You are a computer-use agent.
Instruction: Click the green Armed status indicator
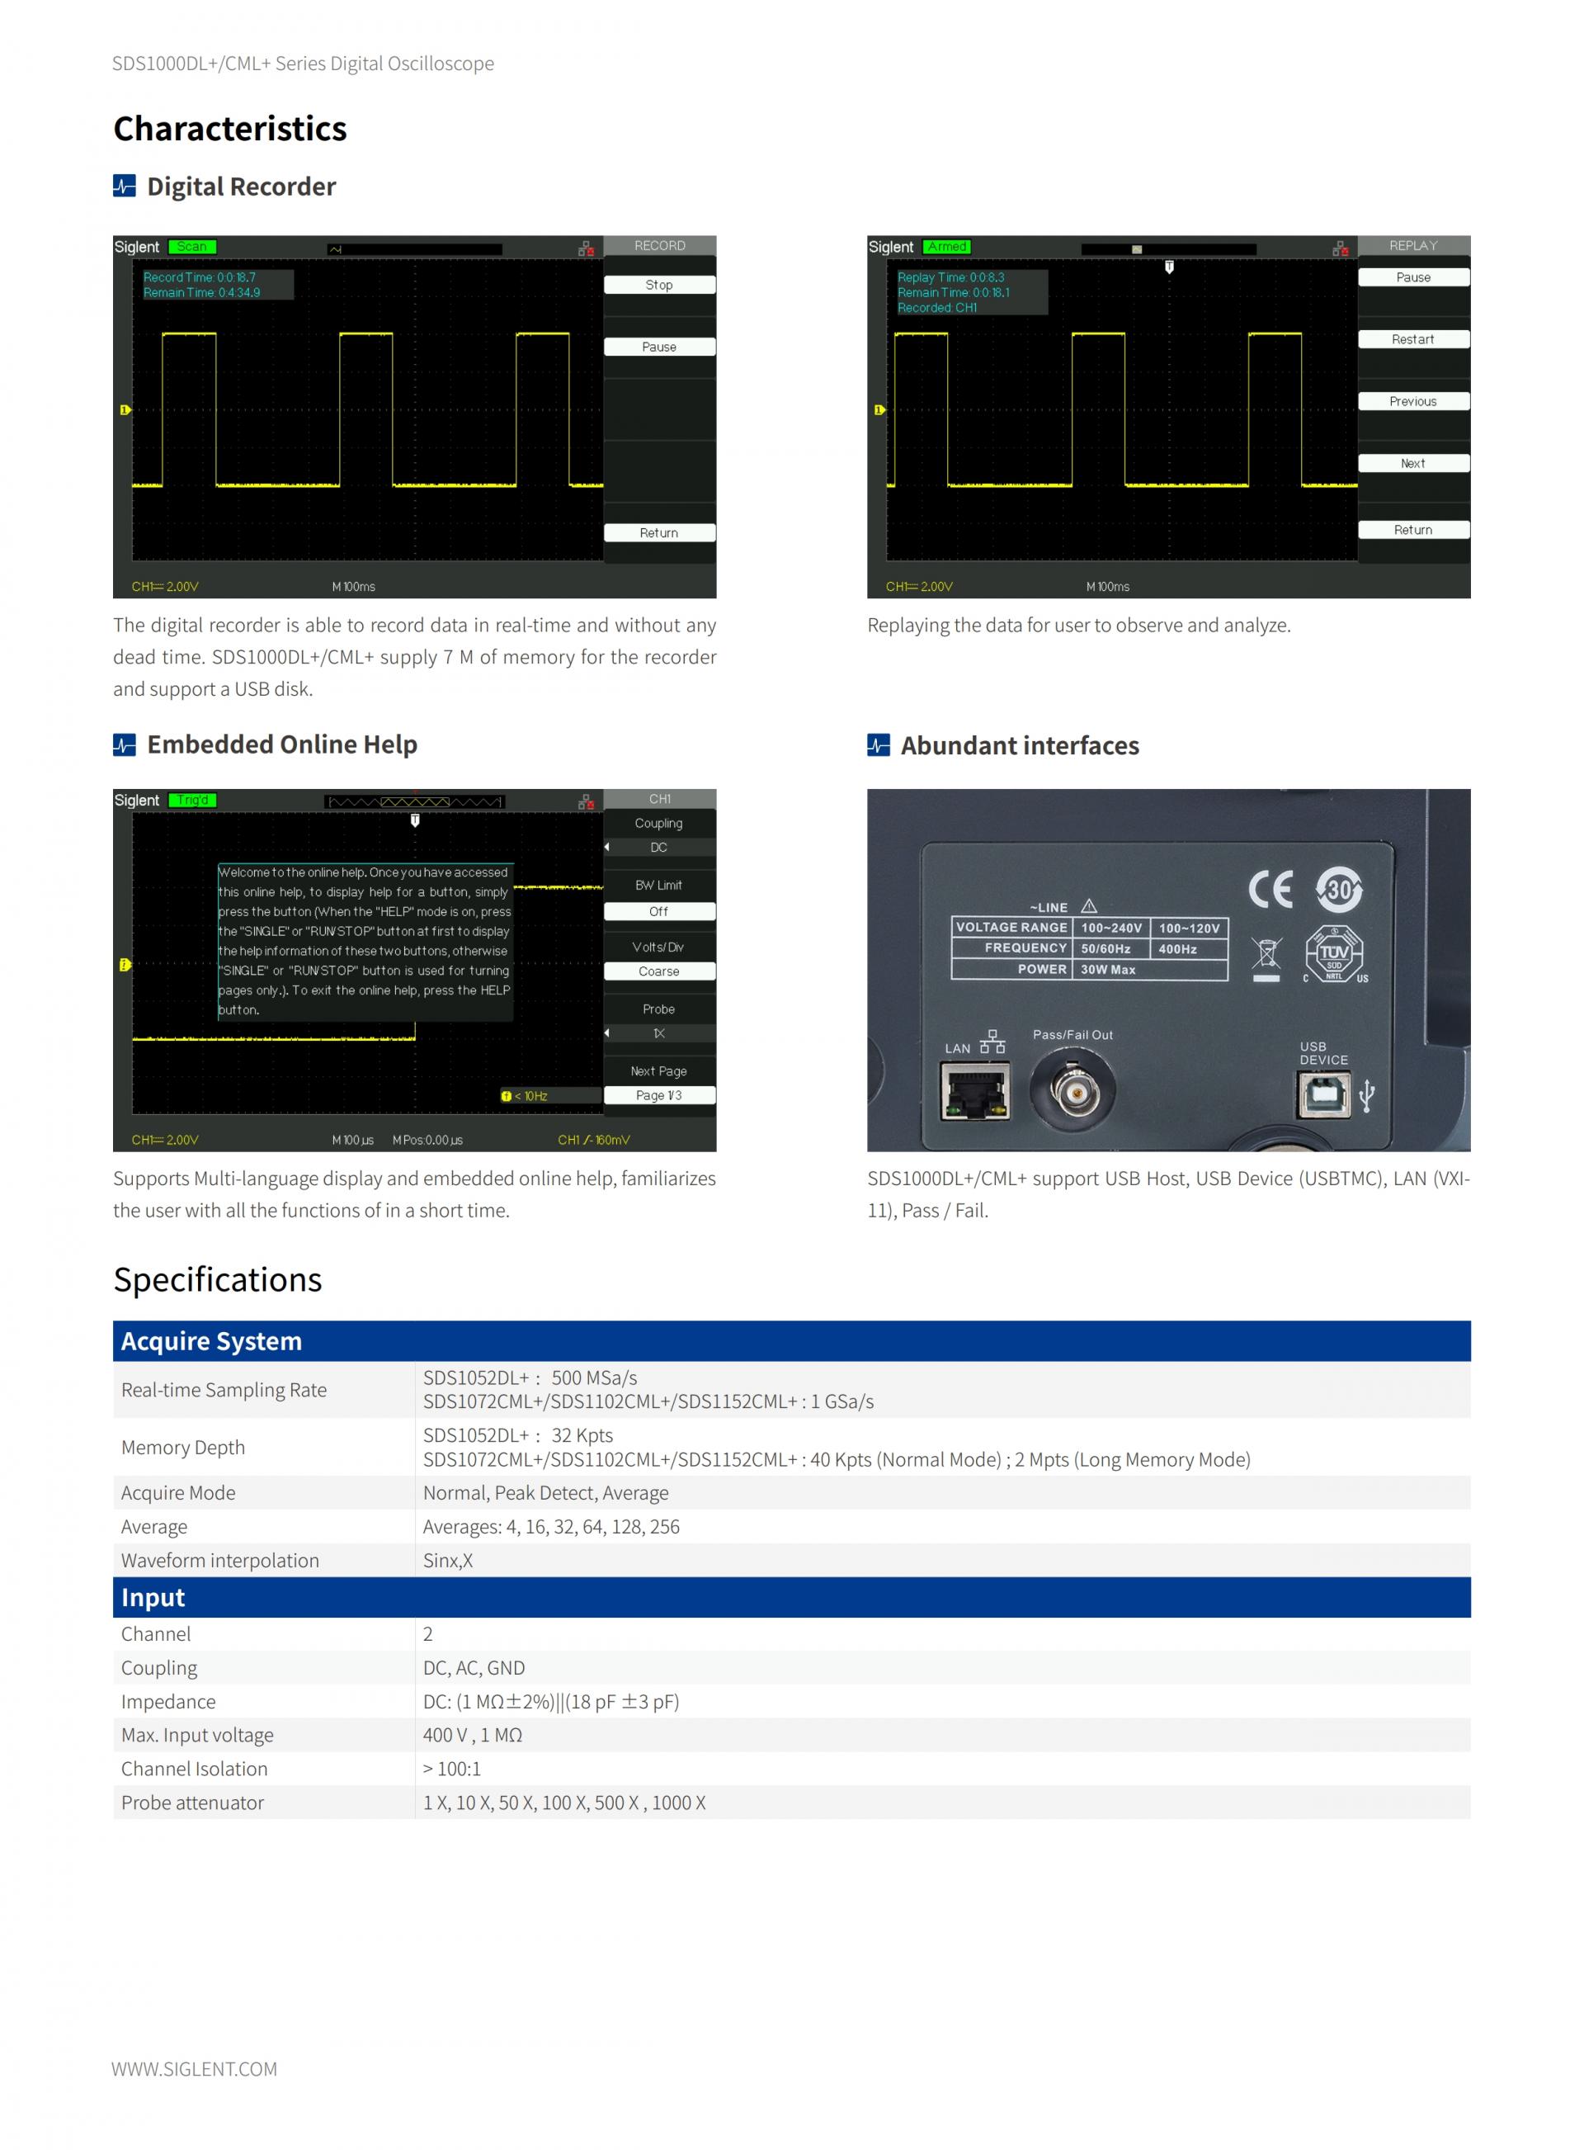pyautogui.click(x=947, y=247)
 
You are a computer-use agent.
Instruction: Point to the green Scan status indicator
pyautogui.click(x=191, y=247)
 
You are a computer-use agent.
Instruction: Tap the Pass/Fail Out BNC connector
pyautogui.click(x=1072, y=1090)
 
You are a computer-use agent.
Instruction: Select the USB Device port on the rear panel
pyautogui.click(x=1323, y=1094)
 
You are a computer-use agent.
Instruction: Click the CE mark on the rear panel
pyautogui.click(x=1270, y=890)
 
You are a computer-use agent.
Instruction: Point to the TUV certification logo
pyautogui.click(x=1334, y=953)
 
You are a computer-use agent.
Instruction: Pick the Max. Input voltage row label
pyautogui.click(x=196, y=1735)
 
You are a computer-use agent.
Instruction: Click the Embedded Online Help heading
pyautogui.click(x=282, y=744)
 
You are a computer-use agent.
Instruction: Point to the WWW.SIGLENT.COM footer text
pyautogui.click(x=194, y=2068)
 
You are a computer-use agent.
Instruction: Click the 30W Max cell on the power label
pyautogui.click(x=1109, y=970)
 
